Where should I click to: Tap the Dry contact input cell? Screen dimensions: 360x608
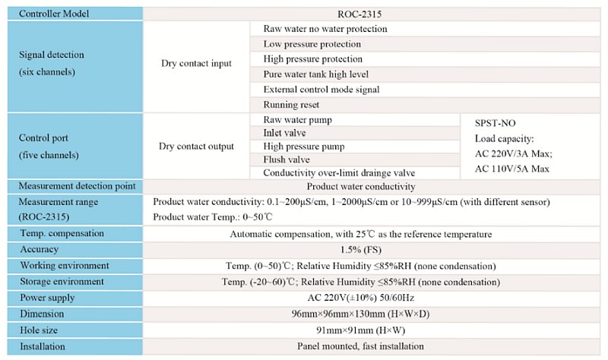pos(196,64)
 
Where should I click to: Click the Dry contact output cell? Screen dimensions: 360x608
pos(196,146)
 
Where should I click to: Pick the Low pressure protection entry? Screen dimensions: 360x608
pos(313,44)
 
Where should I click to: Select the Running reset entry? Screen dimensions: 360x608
pos(291,105)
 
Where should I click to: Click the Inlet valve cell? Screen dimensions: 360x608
pos(285,133)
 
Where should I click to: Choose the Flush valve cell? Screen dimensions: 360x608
pos(287,159)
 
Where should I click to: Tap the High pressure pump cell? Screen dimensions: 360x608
pos(303,147)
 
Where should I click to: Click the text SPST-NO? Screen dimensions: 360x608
pos(495,122)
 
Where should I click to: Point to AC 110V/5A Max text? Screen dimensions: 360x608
pos(511,169)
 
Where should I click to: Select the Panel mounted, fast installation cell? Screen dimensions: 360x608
pos(361,346)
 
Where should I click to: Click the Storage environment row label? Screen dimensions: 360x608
pos(62,282)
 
